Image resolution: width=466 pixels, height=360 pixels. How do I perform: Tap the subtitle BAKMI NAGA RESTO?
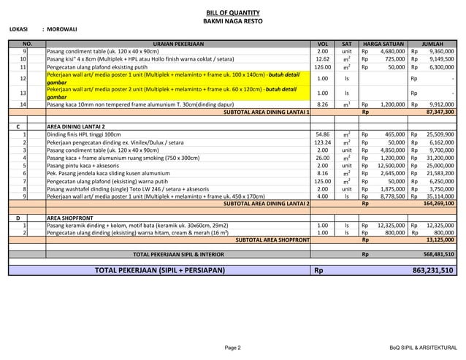(x=233, y=22)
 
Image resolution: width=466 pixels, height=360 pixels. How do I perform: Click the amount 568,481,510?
(x=438, y=254)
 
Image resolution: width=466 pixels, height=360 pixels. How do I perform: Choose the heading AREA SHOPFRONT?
(x=72, y=218)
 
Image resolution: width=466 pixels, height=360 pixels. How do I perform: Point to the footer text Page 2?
(x=233, y=348)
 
